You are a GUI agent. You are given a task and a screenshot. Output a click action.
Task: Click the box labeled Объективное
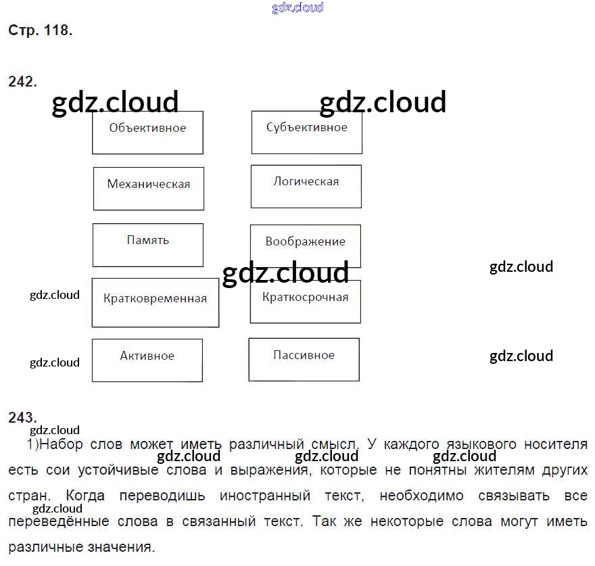click(147, 133)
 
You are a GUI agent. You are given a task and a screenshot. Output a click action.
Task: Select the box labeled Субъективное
click(306, 132)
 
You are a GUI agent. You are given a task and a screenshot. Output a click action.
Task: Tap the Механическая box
click(148, 188)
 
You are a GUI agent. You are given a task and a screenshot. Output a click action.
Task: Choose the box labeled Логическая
click(306, 186)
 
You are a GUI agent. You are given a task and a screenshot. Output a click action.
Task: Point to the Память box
click(147, 244)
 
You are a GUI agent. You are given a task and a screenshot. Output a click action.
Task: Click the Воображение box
click(305, 246)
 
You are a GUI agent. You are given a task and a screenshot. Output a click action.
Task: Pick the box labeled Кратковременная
click(155, 302)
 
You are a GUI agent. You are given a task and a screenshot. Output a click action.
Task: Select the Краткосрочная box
click(305, 302)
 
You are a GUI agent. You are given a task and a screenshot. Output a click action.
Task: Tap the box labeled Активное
click(147, 360)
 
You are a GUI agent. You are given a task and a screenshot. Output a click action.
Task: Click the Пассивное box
click(304, 360)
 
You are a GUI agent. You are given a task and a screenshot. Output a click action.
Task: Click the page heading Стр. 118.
click(40, 30)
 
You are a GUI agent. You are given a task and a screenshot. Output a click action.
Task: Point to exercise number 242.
click(22, 82)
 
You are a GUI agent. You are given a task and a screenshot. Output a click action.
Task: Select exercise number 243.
click(22, 417)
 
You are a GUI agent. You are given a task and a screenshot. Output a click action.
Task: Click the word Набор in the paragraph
click(62, 444)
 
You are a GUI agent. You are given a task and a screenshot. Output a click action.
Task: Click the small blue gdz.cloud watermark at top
click(297, 7)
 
